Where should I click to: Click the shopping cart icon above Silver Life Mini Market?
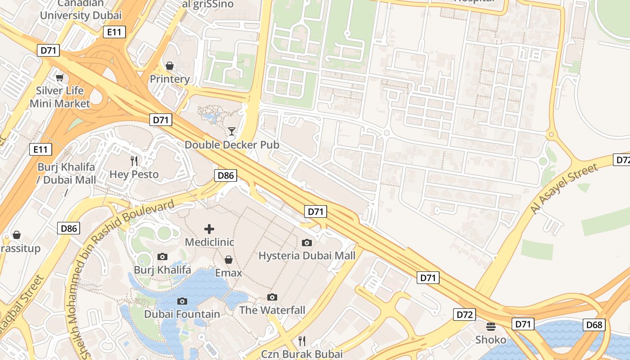pos(59,77)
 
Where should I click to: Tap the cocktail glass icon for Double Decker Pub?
pos(232,131)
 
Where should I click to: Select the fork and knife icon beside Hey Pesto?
pos(134,161)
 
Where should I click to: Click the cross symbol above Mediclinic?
pos(209,229)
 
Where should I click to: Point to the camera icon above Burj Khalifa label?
pos(162,256)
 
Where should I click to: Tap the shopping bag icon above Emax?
pos(229,260)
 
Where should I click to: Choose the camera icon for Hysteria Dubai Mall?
pos(307,243)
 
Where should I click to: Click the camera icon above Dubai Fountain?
pos(182,301)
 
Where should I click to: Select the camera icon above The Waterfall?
pos(272,297)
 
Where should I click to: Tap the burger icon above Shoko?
pos(490,326)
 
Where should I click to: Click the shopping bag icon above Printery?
pos(170,66)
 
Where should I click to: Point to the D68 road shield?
pos(594,324)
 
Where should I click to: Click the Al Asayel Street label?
pos(564,189)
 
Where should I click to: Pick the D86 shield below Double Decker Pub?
pos(225,175)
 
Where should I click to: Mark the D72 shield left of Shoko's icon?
pos(464,315)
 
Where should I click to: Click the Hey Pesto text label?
pos(134,174)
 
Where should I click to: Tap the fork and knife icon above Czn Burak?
pos(302,341)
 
